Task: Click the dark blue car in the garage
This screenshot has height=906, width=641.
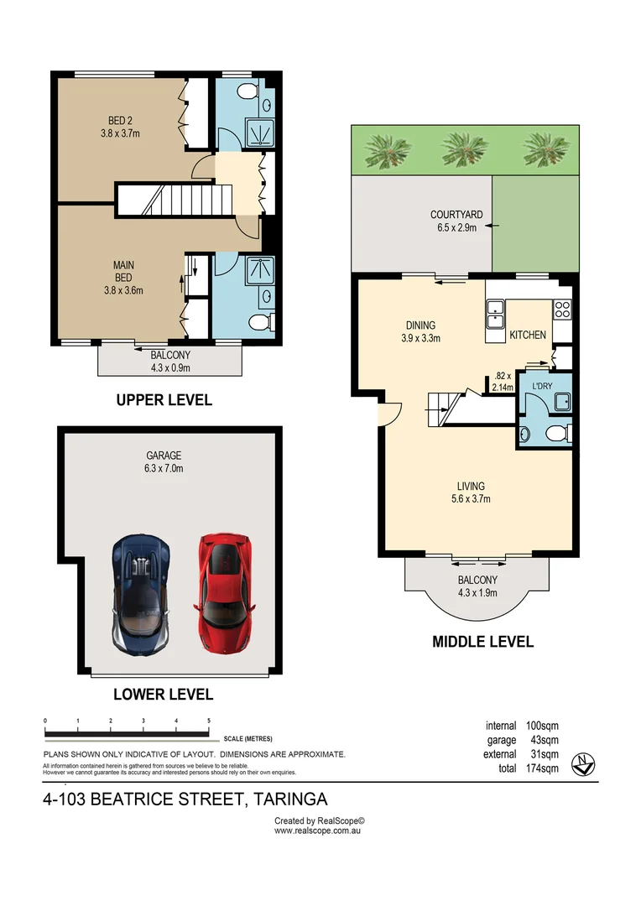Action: (140, 597)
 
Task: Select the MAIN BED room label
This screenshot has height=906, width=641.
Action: (123, 266)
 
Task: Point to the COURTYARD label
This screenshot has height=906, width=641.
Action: (455, 215)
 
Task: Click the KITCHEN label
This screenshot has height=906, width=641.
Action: (528, 335)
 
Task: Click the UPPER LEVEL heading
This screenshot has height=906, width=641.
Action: (164, 400)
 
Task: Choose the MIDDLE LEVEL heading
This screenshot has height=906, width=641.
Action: (482, 642)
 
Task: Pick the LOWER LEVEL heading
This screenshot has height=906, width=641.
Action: (164, 694)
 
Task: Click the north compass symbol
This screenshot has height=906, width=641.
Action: (583, 765)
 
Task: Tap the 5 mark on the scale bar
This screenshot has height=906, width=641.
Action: (208, 721)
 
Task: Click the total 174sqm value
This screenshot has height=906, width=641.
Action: (541, 768)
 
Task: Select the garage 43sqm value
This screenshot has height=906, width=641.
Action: (541, 740)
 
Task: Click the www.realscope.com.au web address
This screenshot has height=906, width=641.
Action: (319, 830)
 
